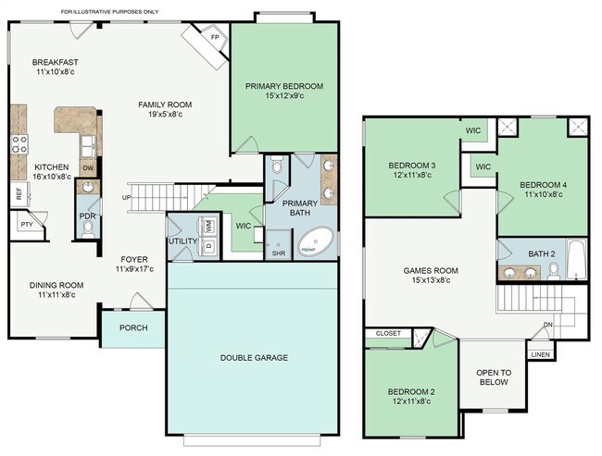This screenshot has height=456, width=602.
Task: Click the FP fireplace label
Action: (215, 38)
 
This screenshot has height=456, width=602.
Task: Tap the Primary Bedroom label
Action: (284, 86)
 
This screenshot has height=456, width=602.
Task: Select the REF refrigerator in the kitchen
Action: (18, 194)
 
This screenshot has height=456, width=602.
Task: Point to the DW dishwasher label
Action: (88, 167)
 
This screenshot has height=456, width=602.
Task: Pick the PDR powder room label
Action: (88, 216)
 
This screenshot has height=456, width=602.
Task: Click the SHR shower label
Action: (278, 253)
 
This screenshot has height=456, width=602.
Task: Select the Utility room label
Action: (181, 241)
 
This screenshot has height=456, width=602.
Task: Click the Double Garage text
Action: (254, 357)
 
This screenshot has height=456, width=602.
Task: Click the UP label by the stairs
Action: (126, 198)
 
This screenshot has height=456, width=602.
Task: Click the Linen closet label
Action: (540, 354)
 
